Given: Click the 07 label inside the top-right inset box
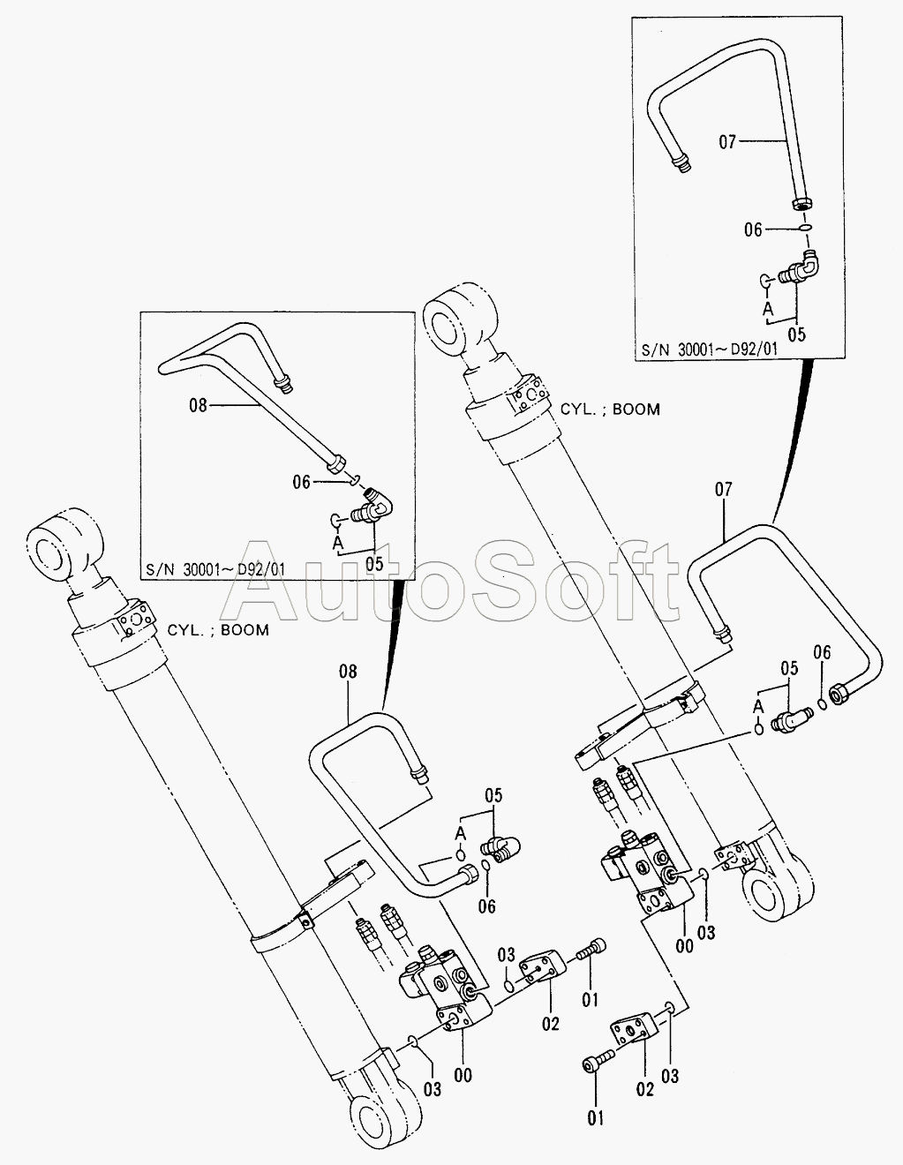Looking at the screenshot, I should tap(726, 141).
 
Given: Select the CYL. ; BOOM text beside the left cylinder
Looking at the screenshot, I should tap(218, 630).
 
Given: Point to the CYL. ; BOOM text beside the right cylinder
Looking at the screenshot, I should tap(610, 410).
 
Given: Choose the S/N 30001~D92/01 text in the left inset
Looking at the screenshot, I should tap(217, 568).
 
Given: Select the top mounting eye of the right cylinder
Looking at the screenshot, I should tap(458, 316).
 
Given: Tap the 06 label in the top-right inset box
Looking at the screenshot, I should tap(752, 229).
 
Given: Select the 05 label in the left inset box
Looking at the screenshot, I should tap(374, 560).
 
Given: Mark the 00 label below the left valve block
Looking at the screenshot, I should tap(463, 1074).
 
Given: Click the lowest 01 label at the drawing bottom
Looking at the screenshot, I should tap(596, 1118).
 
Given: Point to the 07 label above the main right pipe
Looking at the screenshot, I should tap(724, 488).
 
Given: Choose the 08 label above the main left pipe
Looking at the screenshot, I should tap(348, 672).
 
